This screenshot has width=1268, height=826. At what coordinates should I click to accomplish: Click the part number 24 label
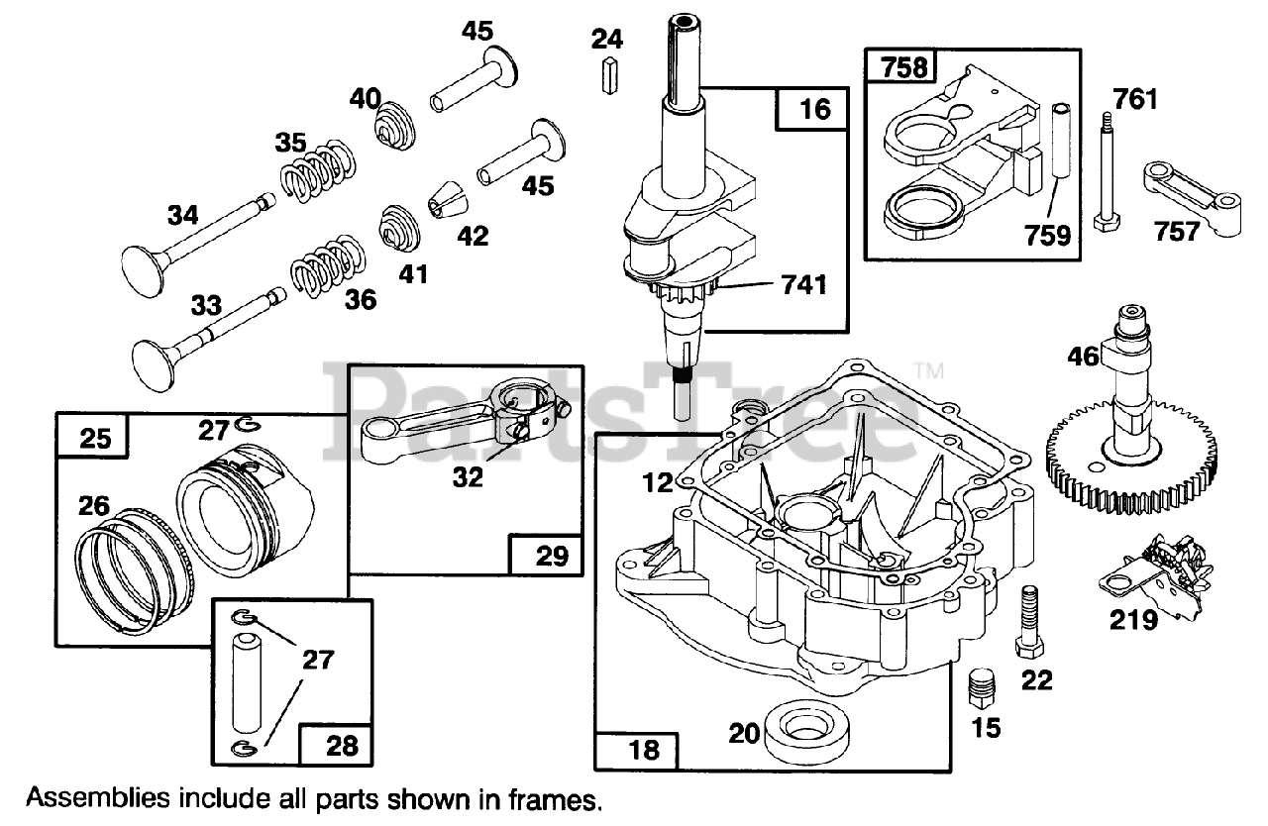coord(607,39)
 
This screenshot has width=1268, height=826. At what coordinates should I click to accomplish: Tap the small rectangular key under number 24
coord(609,75)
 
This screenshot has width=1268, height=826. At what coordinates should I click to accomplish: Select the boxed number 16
coord(814,109)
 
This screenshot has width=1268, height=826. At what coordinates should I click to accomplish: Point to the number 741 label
coord(803,284)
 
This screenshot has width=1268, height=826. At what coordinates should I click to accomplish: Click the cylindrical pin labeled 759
coord(1062,141)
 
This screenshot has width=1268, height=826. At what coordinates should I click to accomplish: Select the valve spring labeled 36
coord(328,264)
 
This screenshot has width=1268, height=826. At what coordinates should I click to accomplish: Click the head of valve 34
coord(145,271)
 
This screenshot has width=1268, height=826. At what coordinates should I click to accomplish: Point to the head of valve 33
coord(154,365)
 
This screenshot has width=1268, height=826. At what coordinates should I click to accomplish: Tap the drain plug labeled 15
coord(982,687)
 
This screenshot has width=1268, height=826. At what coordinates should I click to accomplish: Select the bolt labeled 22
coord(1029,622)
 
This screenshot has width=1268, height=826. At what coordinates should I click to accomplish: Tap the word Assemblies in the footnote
coord(98,798)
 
